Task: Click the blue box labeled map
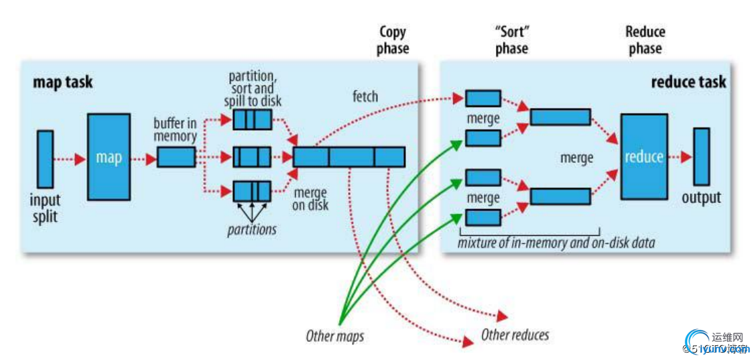pyautogui.click(x=109, y=158)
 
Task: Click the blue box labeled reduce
pyautogui.click(x=643, y=157)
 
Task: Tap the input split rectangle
pyautogui.click(x=45, y=159)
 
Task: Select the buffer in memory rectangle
pyautogui.click(x=176, y=158)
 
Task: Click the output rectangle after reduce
pyautogui.click(x=701, y=157)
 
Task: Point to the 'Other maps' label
pyautogui.click(x=334, y=336)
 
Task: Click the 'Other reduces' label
pyautogui.click(x=515, y=335)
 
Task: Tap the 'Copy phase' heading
pyautogui.click(x=392, y=40)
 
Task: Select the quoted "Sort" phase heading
pyautogui.click(x=511, y=40)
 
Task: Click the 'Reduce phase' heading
pyautogui.click(x=645, y=40)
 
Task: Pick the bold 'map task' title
pyautogui.click(x=63, y=82)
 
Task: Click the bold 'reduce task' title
pyautogui.click(x=688, y=82)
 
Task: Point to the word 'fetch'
pyautogui.click(x=365, y=97)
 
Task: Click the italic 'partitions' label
pyautogui.click(x=251, y=229)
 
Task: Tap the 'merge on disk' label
pyautogui.click(x=310, y=198)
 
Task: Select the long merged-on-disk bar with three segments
pyautogui.click(x=349, y=157)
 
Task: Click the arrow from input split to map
pyautogui.click(x=70, y=159)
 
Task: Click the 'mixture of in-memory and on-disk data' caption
pyautogui.click(x=556, y=243)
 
